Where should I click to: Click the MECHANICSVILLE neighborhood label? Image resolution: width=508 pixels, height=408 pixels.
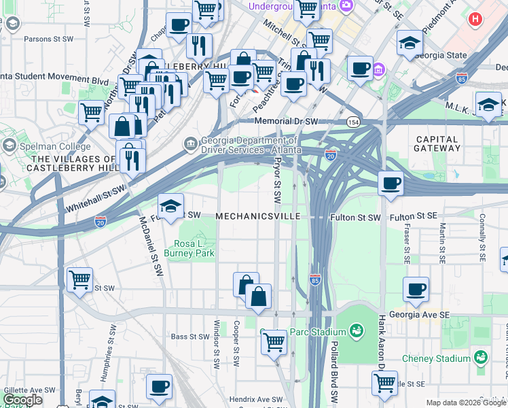(x=258, y=216)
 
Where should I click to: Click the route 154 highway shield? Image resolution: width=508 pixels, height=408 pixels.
(x=352, y=122)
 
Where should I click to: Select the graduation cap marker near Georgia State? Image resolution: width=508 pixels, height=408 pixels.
(x=410, y=42)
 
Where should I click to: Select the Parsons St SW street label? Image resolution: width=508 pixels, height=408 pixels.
(x=48, y=39)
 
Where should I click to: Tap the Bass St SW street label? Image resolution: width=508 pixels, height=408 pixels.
(x=189, y=336)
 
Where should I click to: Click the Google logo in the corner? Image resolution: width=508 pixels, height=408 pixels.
(x=22, y=401)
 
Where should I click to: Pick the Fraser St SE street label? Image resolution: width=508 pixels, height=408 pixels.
(x=407, y=243)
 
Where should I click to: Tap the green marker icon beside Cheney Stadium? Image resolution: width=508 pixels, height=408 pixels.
(x=481, y=357)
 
